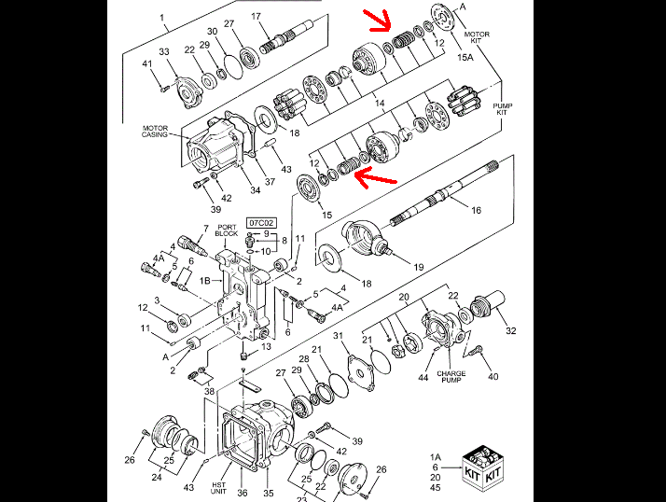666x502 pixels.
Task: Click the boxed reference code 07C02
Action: [x=261, y=223]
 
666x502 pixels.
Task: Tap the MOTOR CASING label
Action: [x=155, y=132]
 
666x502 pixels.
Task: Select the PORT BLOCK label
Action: [x=227, y=230]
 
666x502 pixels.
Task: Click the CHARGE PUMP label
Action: [x=451, y=377]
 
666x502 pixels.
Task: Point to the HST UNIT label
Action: [x=218, y=488]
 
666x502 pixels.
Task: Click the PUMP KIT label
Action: [x=502, y=109]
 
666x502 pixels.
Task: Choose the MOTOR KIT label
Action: [x=477, y=37]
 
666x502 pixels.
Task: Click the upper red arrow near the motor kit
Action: [x=380, y=21]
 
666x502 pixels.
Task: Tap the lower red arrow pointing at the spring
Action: [x=376, y=177]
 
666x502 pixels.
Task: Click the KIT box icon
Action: [x=483, y=468]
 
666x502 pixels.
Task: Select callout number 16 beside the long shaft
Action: [x=476, y=210]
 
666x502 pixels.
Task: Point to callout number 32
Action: [x=510, y=330]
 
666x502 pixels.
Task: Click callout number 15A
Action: [x=465, y=57]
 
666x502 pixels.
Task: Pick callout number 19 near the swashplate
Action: [x=419, y=267]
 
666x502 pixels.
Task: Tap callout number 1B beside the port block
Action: [x=205, y=281]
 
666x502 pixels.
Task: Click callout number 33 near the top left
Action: [x=164, y=51]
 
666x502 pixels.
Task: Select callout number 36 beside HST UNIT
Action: [x=243, y=493]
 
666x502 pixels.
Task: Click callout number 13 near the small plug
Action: [x=266, y=347]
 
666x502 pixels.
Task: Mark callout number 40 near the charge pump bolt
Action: [x=493, y=376]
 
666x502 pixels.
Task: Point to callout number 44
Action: [x=423, y=377]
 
